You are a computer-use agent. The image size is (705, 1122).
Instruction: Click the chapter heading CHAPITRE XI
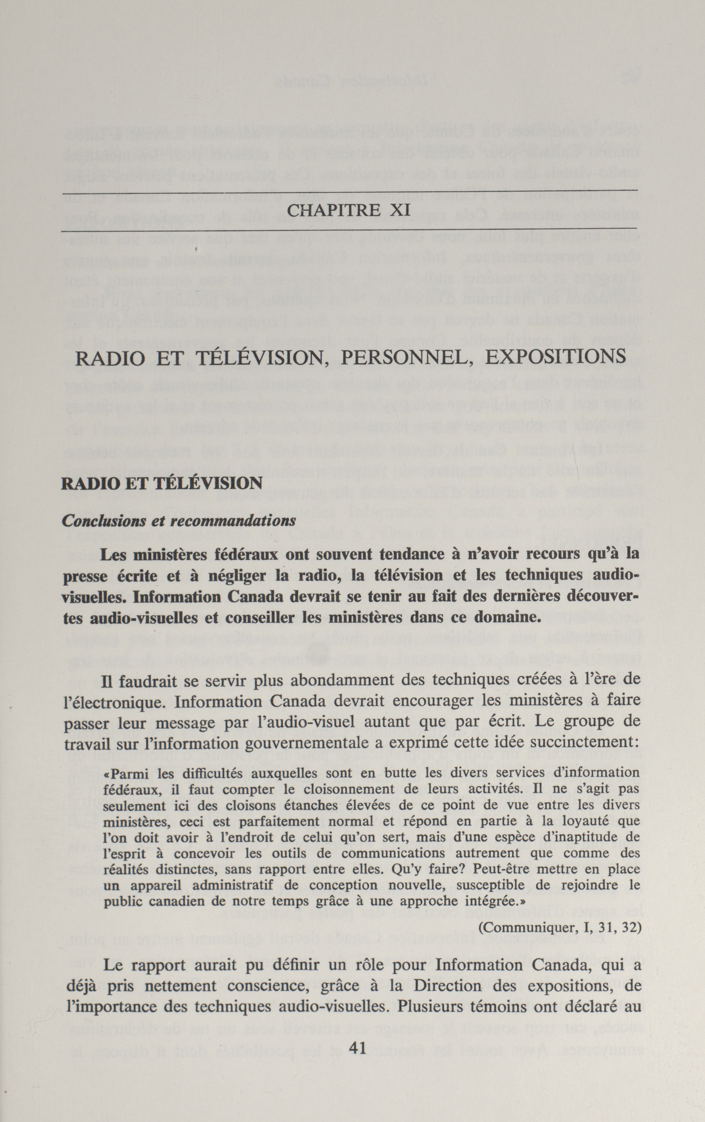point(349,210)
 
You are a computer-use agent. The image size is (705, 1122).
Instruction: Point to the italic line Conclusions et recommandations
point(179,520)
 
